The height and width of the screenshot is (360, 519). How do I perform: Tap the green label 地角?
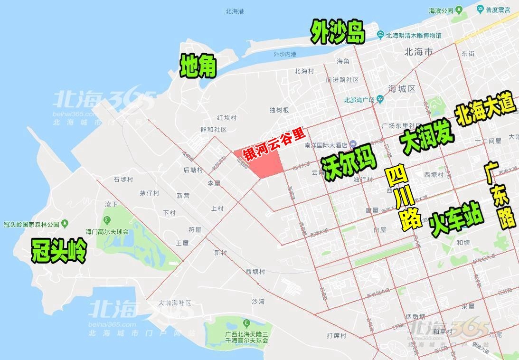coord(198,66)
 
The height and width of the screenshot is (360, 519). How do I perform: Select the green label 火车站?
coord(456,219)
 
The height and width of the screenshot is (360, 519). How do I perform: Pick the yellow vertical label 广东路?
coord(502,195)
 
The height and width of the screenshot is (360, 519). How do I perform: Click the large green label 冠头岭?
coord(58,250)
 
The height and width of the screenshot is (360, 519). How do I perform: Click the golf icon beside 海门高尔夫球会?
coord(107,219)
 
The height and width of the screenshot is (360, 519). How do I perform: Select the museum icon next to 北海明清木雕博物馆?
coord(380,35)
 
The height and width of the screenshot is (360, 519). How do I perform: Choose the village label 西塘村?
coord(255,271)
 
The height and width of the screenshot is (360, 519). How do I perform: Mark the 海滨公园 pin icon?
coord(459,10)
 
